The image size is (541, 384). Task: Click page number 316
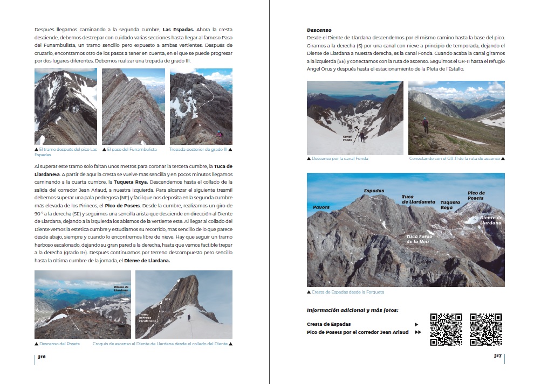[x=42, y=357]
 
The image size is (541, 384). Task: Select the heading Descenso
[x=319, y=30]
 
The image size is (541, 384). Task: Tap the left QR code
[x=446, y=329]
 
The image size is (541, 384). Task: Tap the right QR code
[x=486, y=329]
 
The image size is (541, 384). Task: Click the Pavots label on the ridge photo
[x=321, y=207]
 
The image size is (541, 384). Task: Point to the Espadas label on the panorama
[x=374, y=191]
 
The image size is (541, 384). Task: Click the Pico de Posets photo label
[x=476, y=196]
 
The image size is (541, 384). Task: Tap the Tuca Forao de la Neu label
[x=420, y=239]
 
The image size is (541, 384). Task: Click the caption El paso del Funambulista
[x=132, y=149]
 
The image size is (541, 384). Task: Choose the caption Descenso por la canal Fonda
[x=340, y=159]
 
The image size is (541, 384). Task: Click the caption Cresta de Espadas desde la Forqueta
[x=347, y=292]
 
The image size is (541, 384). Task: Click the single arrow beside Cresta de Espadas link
[x=416, y=324]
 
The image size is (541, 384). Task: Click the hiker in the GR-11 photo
[x=425, y=125]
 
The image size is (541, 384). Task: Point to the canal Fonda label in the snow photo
[x=347, y=138]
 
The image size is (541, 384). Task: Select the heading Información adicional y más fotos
[x=356, y=310]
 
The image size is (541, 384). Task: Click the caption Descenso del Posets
[x=59, y=344]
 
